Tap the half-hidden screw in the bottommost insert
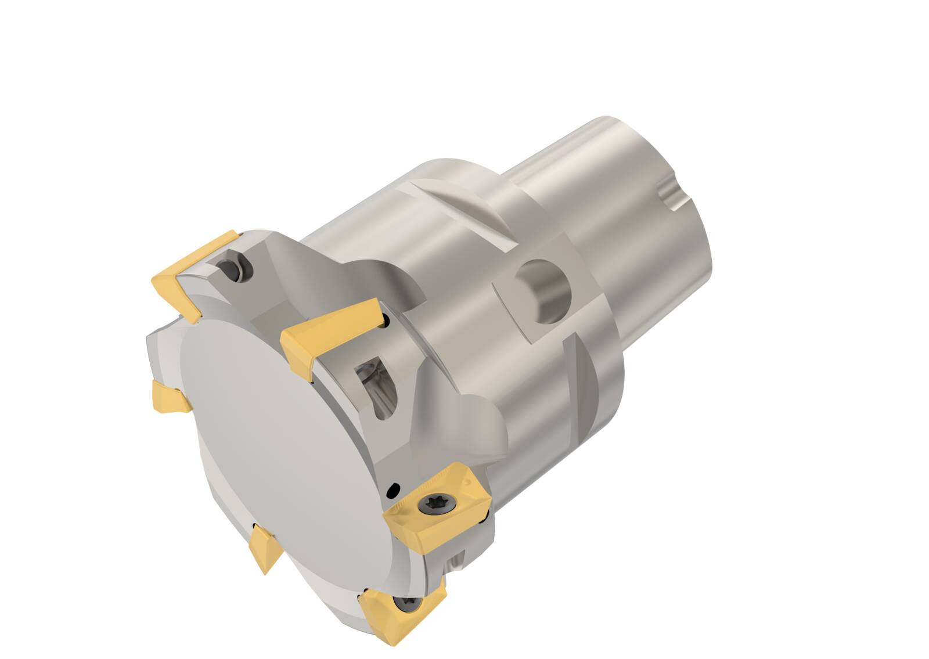[x=405, y=604]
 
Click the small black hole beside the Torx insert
[x=394, y=489]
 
